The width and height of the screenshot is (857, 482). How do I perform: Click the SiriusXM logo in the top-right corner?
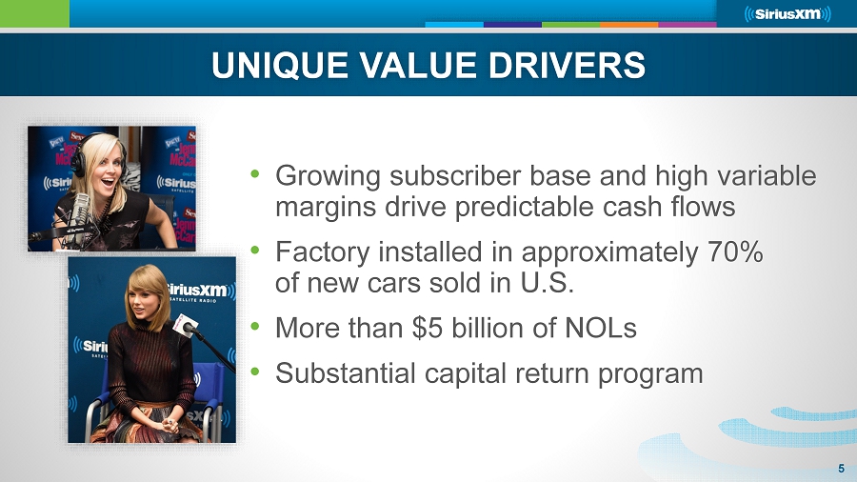787,13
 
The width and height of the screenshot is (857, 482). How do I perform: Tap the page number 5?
841,469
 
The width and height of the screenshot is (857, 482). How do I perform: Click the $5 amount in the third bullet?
427,328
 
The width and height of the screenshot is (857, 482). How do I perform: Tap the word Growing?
328,176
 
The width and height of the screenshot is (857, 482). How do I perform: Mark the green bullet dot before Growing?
254,173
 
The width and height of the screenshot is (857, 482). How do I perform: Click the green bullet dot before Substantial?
254,372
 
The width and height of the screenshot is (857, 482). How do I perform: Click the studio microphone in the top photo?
80,213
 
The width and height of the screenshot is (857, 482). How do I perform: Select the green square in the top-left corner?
34,13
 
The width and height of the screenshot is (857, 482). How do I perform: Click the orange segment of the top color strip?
629,25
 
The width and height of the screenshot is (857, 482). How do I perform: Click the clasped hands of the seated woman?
168,424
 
